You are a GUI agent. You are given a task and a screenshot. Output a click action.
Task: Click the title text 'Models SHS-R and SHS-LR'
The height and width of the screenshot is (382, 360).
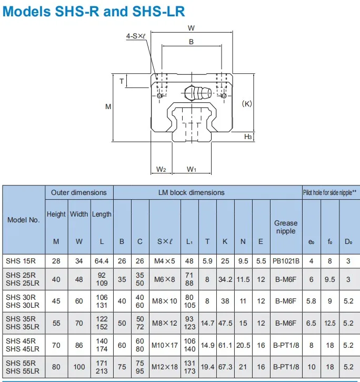[94, 11]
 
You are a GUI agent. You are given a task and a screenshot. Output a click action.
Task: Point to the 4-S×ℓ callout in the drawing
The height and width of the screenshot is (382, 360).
[136, 36]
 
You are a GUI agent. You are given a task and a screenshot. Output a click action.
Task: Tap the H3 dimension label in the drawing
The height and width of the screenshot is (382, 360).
[248, 137]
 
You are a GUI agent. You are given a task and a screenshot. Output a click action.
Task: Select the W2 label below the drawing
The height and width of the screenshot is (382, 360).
[162, 169]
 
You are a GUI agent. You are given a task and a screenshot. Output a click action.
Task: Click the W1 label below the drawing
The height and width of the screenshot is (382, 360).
[192, 169]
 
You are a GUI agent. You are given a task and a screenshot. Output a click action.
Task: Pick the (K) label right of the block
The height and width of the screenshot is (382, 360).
[246, 104]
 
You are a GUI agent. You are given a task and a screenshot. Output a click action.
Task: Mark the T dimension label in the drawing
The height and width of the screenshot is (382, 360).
[122, 81]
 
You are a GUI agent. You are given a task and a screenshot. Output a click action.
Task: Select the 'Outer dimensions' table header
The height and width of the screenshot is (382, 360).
[78, 192]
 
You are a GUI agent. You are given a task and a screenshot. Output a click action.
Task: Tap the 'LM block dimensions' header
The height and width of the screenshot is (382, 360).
[191, 192]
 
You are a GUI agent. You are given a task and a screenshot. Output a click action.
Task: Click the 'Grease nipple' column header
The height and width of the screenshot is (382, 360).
[285, 227]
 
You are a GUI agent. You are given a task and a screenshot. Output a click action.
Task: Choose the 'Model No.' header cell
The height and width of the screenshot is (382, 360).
[23, 220]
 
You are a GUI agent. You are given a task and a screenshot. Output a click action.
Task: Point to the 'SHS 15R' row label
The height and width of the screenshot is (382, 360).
[21, 260]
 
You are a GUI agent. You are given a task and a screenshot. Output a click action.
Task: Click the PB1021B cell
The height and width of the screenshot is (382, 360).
[286, 260]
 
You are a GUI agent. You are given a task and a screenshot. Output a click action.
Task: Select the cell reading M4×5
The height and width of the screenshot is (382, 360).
[164, 260]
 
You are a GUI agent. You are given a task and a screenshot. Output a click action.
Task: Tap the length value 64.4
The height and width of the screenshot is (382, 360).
[102, 260]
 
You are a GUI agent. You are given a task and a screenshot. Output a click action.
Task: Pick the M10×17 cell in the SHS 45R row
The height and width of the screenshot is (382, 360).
[164, 345]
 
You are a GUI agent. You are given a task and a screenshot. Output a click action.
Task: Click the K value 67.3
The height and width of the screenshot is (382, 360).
[225, 367]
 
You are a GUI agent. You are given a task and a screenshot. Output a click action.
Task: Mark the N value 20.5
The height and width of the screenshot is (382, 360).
[243, 345]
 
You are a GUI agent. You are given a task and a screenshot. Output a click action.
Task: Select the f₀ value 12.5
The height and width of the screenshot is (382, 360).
[329, 323]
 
